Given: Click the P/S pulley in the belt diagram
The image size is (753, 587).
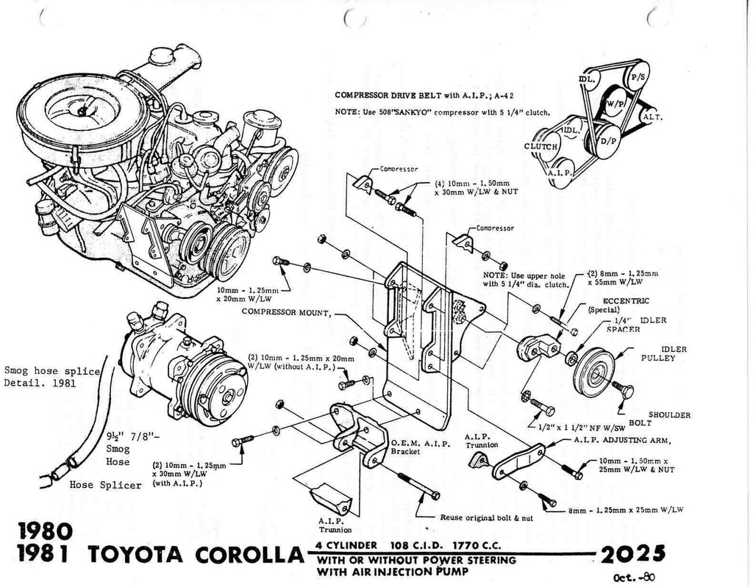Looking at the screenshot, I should pos(636,76).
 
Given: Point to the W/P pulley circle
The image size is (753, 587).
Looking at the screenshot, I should pos(615,104).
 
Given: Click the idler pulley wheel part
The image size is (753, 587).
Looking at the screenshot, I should pos(593,372).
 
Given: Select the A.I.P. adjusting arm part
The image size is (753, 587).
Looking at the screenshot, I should pos(518,461).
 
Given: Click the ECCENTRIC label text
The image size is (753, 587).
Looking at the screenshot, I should pos(626,300).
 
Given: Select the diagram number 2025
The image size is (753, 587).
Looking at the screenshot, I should pos(632,552).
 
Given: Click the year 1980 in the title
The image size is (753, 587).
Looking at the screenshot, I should pos(46,530).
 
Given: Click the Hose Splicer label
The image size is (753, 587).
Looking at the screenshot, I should pos(105,485).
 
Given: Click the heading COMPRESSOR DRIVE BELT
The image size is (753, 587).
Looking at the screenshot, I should pos(388,95).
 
